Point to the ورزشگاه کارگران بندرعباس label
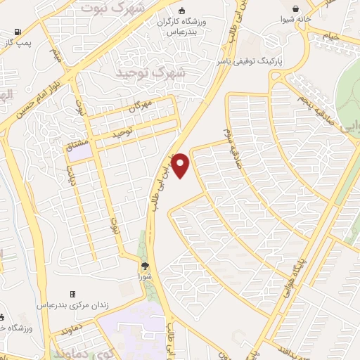point(181,27)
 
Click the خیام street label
point(330,36)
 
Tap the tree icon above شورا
point(145,266)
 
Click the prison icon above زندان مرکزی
point(73,294)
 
